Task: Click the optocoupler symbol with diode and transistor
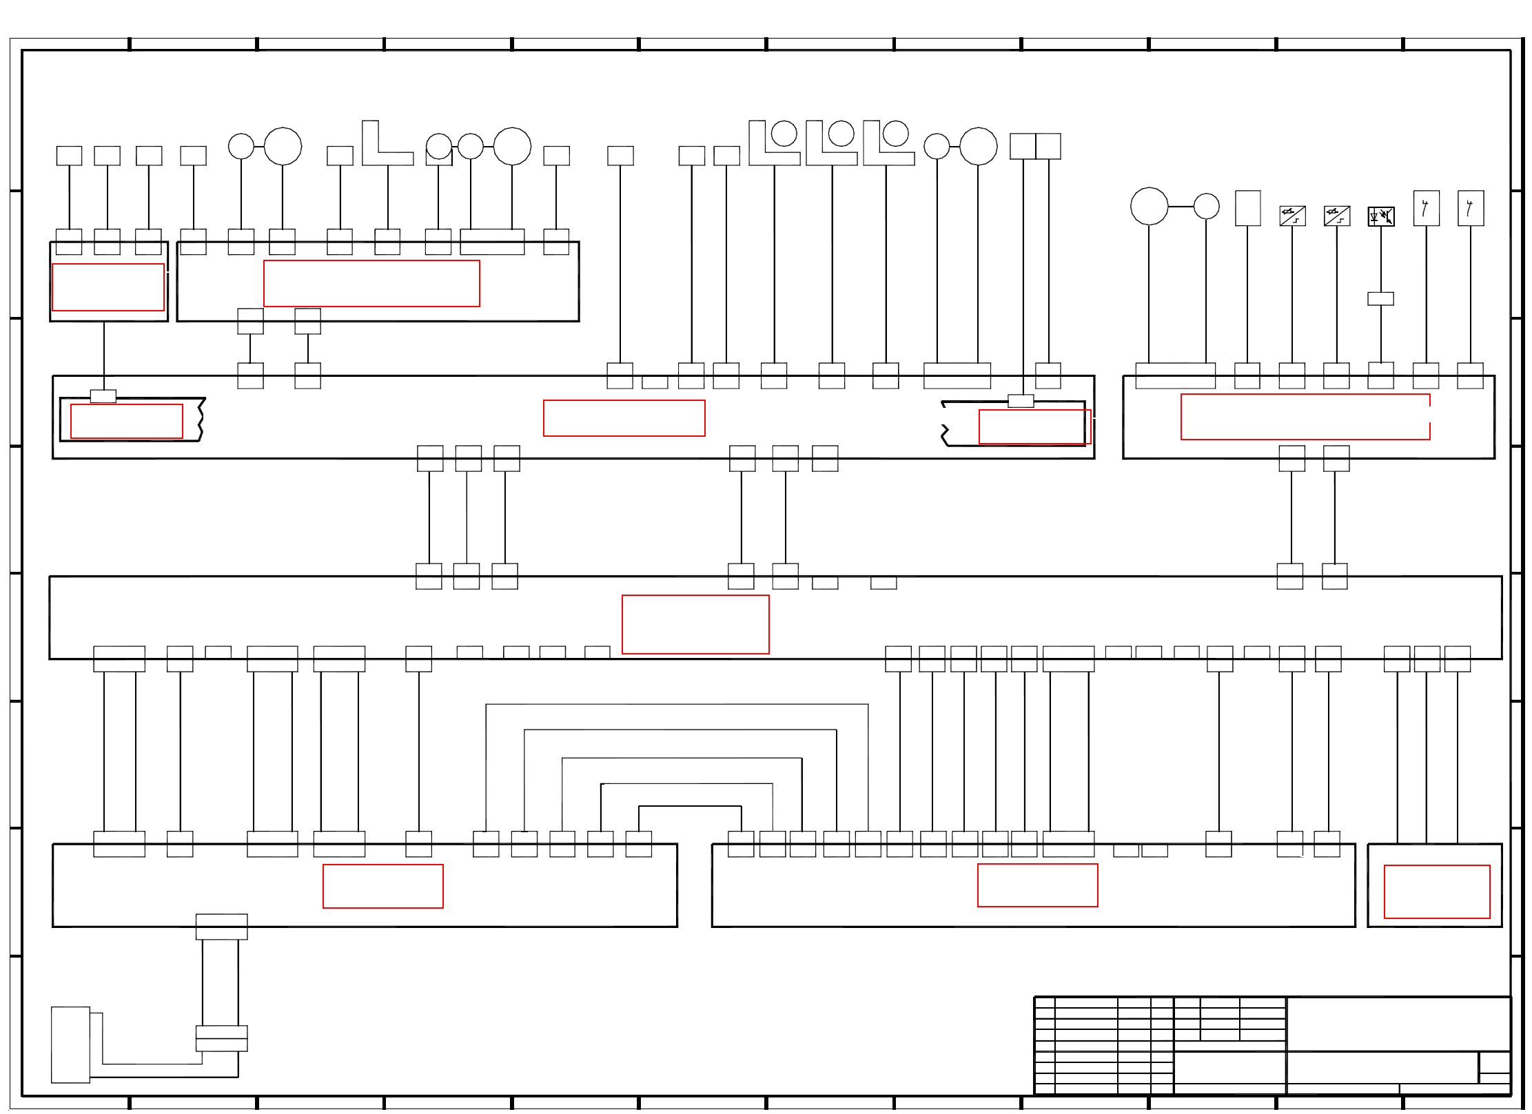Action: (x=1380, y=216)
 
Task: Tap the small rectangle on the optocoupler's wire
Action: (x=1380, y=298)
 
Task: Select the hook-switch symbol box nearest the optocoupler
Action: (x=1426, y=208)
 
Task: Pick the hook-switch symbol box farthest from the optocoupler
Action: (x=1471, y=208)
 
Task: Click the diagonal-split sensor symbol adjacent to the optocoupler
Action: (x=1336, y=216)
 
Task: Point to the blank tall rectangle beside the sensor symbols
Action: (x=1247, y=208)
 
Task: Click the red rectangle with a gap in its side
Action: (x=1305, y=417)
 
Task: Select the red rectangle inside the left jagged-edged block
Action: (x=126, y=421)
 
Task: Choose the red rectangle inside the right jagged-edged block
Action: (x=1034, y=426)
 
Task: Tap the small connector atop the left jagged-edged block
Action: (x=103, y=396)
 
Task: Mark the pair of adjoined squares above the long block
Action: (x=1035, y=146)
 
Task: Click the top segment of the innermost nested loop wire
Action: (x=690, y=806)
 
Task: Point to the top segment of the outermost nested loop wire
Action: (x=677, y=704)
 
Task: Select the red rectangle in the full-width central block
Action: (x=695, y=624)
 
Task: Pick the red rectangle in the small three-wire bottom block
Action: (x=1437, y=891)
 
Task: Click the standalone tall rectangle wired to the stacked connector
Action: (x=70, y=1044)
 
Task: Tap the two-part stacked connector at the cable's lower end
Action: (x=221, y=1038)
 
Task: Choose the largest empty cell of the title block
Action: (x=1398, y=1023)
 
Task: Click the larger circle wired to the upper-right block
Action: (x=1149, y=206)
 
